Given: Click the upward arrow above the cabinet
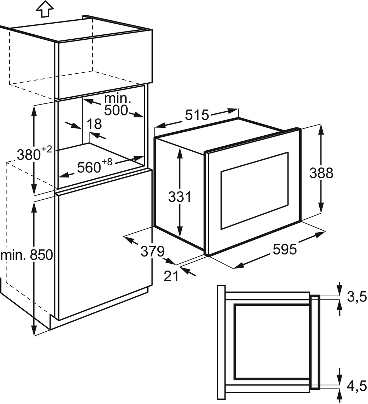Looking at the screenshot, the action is (x=45, y=9).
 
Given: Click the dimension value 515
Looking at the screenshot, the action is (x=197, y=115).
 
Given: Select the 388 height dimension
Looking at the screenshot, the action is (x=321, y=173).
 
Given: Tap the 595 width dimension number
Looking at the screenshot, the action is (x=285, y=249).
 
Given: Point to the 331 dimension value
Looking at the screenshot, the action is (x=180, y=197).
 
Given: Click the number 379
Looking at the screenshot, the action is (x=152, y=251).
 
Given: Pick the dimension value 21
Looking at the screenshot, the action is (x=171, y=277).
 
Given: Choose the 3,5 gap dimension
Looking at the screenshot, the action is (x=357, y=297).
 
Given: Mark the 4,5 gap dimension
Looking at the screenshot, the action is (x=357, y=386).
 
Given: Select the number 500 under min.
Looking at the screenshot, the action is (x=116, y=110).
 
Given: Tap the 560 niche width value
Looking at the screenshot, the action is (x=89, y=167).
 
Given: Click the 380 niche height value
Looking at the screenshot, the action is (x=29, y=155).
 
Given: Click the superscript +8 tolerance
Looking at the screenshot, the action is (x=107, y=162).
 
